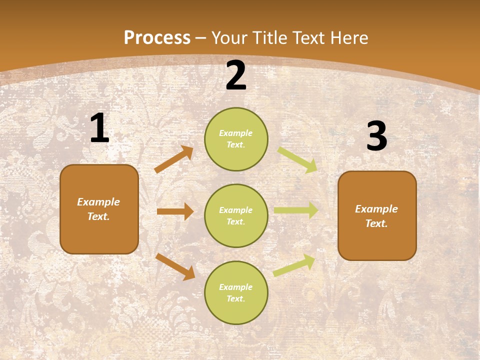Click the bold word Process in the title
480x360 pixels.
click(x=157, y=38)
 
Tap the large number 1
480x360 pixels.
click(x=99, y=128)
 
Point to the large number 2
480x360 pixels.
click(x=236, y=75)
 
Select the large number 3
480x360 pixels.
click(x=376, y=136)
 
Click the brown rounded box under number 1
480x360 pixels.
click(x=99, y=209)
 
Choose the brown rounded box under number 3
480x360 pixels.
click(x=377, y=215)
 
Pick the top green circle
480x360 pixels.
click(x=236, y=139)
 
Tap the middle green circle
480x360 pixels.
click(x=236, y=215)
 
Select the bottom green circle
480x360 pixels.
click(x=236, y=292)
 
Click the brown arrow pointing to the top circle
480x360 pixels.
click(x=174, y=159)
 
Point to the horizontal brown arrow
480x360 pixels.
click(x=175, y=211)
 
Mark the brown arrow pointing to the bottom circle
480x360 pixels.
click(x=175, y=266)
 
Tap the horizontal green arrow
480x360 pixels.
click(x=295, y=210)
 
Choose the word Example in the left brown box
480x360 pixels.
click(x=98, y=202)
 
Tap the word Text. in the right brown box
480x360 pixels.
click(x=376, y=223)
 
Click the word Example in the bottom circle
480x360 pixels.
click(x=236, y=287)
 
